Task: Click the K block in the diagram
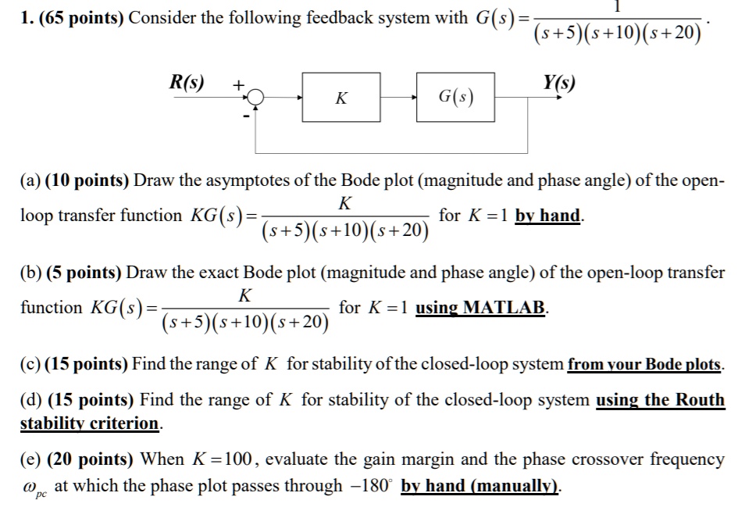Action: [341, 98]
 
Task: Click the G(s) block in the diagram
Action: [455, 98]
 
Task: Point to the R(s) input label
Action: [187, 82]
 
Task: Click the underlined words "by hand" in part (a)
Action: [547, 216]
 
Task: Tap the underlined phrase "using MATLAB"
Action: [482, 307]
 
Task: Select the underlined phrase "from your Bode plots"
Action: [645, 364]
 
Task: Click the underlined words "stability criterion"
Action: [89, 423]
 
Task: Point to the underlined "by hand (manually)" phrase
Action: [480, 485]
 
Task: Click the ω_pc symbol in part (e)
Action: [35, 488]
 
